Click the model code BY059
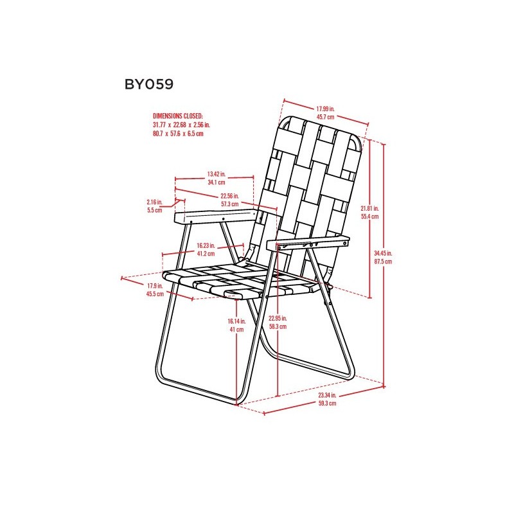pyautogui.click(x=149, y=85)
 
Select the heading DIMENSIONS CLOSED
pyautogui.click(x=178, y=116)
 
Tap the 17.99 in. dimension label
pyautogui.click(x=325, y=109)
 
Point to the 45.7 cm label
pyautogui.click(x=326, y=117)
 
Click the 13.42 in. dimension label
pyautogui.click(x=217, y=174)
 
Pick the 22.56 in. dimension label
pyautogui.click(x=229, y=196)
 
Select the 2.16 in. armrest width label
pyautogui.click(x=155, y=202)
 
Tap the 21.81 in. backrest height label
pyautogui.click(x=370, y=208)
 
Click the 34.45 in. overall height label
pyautogui.click(x=383, y=253)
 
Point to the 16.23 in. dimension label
pyautogui.click(x=206, y=245)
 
